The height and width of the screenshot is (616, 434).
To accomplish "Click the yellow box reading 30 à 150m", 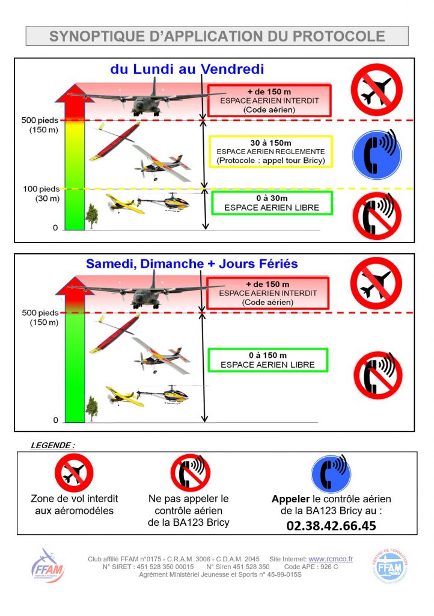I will point(270,152).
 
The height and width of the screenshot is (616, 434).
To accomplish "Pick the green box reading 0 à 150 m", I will point(267,360).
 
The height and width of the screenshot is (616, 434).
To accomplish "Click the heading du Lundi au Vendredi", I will point(188,69).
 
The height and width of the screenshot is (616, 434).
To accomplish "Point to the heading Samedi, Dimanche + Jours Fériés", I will point(192,263).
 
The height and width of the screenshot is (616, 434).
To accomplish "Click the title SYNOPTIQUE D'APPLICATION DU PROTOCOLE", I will point(217,36).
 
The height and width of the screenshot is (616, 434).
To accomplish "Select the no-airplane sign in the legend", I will point(74,473).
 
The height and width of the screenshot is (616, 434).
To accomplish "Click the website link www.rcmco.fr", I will point(331,559).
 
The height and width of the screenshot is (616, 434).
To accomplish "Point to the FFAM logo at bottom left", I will point(47,566).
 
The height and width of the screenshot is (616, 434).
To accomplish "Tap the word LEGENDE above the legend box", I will point(52,446).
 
